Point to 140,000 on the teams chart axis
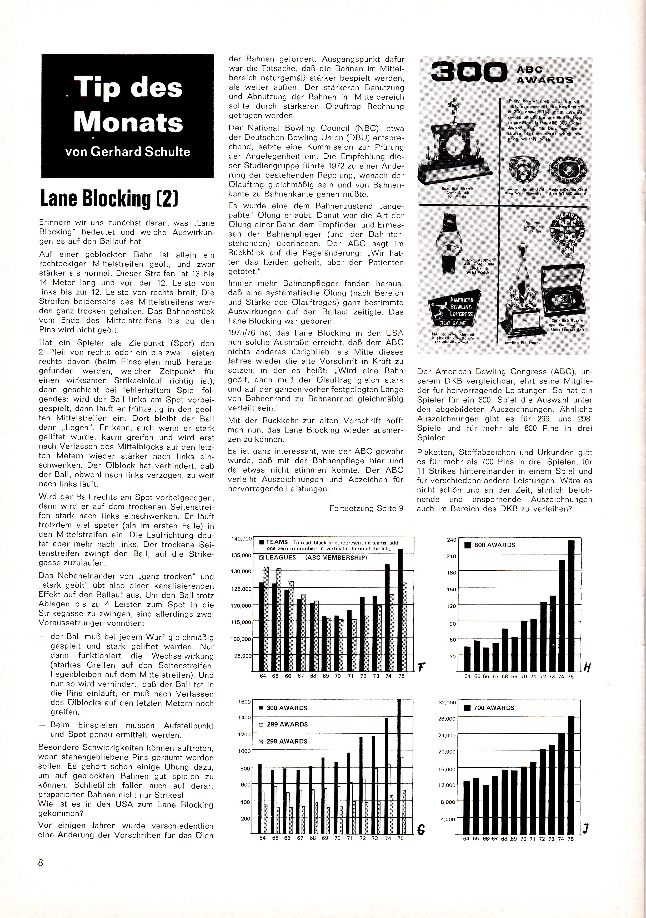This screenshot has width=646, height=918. (x=241, y=539)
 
